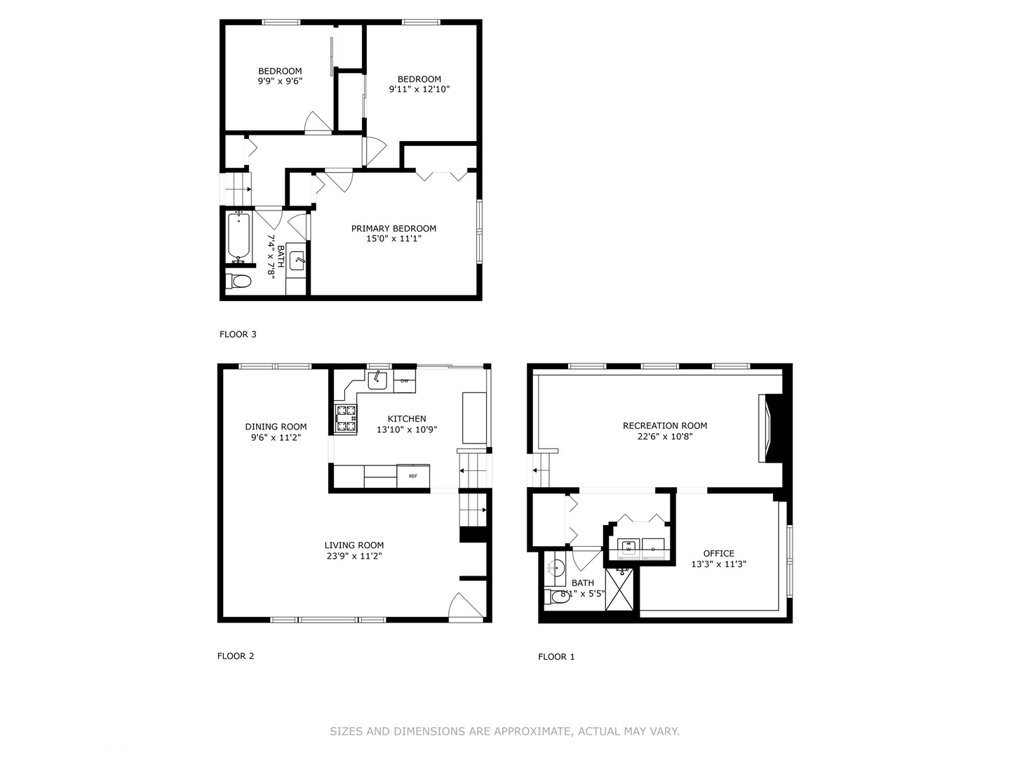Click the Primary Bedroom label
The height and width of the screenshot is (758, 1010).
(x=393, y=228)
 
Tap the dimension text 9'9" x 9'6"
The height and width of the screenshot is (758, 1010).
(x=280, y=81)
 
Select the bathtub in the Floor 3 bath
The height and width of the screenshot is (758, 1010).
(x=238, y=236)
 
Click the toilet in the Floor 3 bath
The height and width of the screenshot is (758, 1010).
(x=239, y=282)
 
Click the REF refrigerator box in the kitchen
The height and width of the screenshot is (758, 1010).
(x=413, y=476)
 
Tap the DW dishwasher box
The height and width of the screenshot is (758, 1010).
(x=405, y=381)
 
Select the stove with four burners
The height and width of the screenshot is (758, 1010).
(x=346, y=418)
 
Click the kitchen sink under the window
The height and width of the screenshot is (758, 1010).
(x=378, y=380)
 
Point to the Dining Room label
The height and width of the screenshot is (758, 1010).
(x=276, y=427)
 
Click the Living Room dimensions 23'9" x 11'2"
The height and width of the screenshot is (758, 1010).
(x=354, y=556)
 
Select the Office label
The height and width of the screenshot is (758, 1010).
(x=719, y=553)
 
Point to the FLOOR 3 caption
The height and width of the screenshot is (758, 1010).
(x=238, y=334)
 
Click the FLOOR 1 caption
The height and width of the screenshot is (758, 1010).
(x=556, y=657)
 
